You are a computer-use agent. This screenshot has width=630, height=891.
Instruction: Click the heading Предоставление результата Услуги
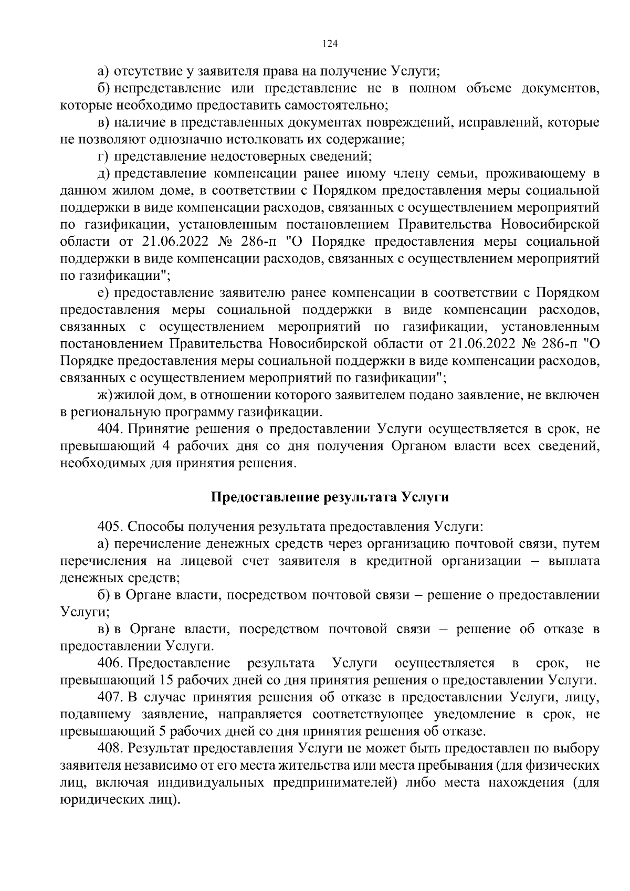[330, 497]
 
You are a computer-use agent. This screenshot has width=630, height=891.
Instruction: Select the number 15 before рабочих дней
[166, 680]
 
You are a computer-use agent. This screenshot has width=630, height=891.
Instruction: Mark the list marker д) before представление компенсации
[103, 173]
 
